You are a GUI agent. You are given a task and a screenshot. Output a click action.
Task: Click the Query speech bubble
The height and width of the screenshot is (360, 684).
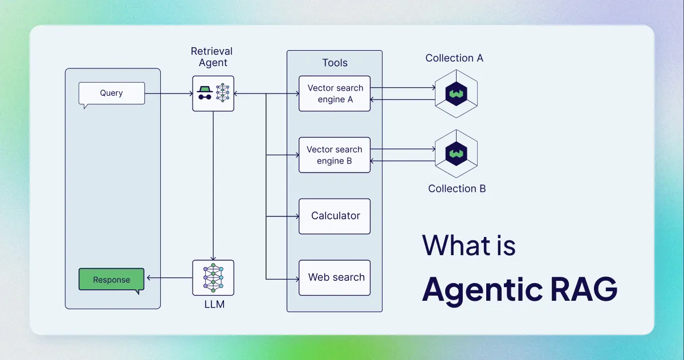[x=111, y=93]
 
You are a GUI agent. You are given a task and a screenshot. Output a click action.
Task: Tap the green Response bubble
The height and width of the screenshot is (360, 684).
[x=111, y=280]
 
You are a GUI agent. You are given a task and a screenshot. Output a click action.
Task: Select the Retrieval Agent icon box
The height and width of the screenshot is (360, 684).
[x=213, y=93]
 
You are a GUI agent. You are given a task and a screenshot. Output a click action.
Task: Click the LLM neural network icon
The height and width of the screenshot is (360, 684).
[x=213, y=277]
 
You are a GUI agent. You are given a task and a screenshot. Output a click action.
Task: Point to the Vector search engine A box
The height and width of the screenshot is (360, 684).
[x=335, y=93]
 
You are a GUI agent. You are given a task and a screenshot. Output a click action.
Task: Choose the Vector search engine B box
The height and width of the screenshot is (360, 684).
[x=335, y=155]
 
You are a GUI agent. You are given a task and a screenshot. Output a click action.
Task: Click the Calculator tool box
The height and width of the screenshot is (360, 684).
[x=335, y=216]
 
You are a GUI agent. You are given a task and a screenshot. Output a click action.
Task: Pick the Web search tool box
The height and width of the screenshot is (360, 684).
[x=335, y=277]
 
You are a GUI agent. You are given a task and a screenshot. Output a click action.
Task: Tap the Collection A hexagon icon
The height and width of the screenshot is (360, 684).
[x=456, y=93]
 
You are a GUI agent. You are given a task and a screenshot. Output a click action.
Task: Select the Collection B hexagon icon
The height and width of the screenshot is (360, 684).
[x=456, y=154]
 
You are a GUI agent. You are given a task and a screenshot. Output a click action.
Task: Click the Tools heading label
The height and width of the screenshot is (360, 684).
[x=335, y=63]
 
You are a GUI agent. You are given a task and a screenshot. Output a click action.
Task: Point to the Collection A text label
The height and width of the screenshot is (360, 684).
[x=454, y=58]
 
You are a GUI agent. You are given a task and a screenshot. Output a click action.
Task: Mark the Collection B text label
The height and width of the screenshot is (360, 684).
[x=457, y=189]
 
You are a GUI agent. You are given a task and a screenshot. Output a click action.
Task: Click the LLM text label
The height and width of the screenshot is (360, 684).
[x=214, y=305]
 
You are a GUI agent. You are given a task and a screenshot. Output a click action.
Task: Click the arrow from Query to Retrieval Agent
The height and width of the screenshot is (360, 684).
[x=168, y=93]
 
